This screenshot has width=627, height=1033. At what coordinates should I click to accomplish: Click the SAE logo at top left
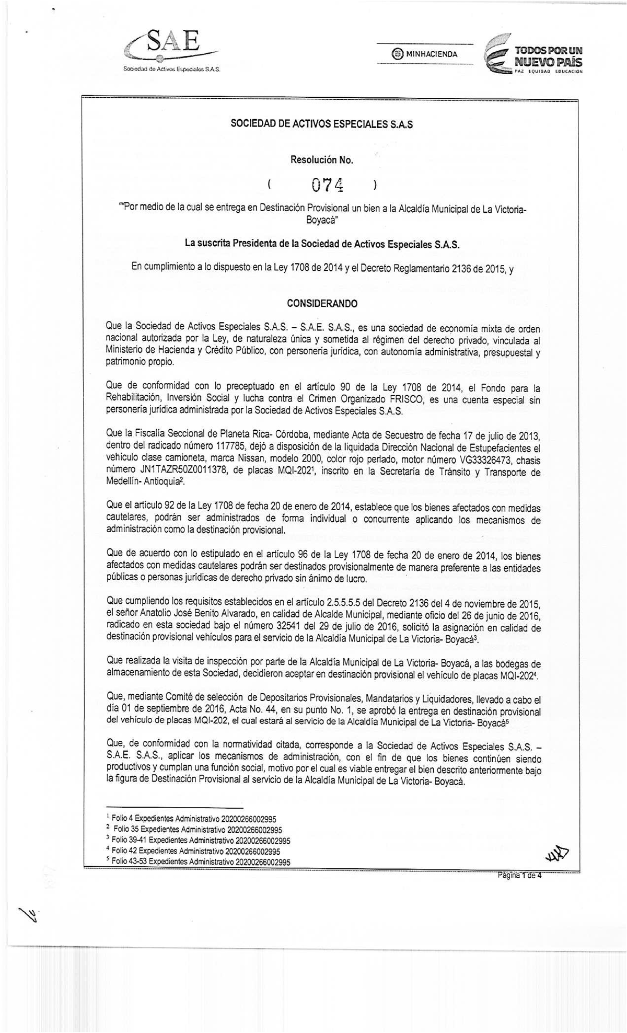point(170,52)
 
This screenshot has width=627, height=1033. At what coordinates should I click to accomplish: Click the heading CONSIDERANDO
point(322,303)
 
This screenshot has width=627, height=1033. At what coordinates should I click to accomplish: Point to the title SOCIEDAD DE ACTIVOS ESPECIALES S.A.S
point(322,125)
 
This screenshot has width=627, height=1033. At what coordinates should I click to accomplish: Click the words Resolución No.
point(322,160)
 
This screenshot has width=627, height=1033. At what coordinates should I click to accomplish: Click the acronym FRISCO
point(390,400)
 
